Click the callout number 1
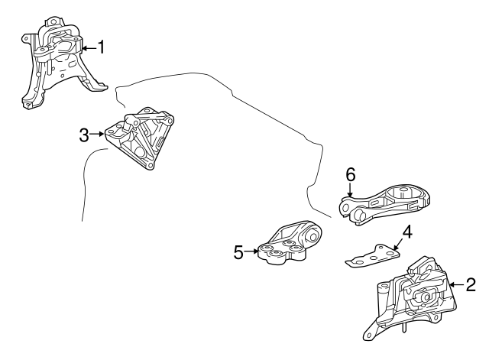click(101, 47)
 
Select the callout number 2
click(471, 284)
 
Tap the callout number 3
click(84, 135)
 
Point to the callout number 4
click(407, 232)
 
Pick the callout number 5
click(238, 252)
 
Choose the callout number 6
click(351, 174)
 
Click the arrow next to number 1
click(89, 48)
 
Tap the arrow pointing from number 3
click(97, 135)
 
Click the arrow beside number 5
click(251, 251)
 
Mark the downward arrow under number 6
click(350, 190)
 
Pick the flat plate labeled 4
click(373, 256)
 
